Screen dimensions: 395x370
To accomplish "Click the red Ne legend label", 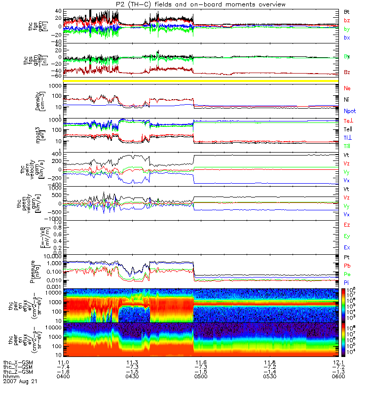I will coord(347,89).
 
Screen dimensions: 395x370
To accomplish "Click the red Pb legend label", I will coord(347,267).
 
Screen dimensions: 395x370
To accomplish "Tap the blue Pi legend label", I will coord(347,282).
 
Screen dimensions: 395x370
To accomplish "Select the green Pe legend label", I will coord(347,275).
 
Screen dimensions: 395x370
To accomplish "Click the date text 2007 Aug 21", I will coord(20,382).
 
